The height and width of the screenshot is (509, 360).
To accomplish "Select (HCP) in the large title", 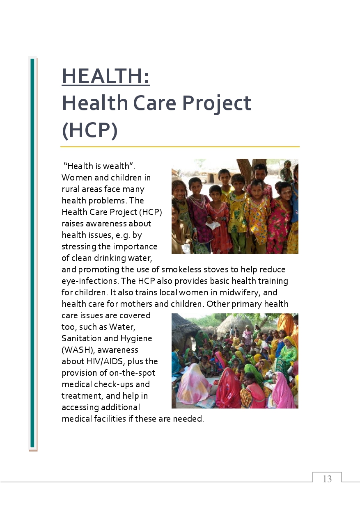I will coord(89,130).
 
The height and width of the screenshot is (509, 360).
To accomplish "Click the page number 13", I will coord(327,479).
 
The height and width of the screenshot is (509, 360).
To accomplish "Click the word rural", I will coord(70,189).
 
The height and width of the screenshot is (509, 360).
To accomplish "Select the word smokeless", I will coord(179,269).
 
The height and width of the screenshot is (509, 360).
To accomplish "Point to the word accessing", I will coord(79,407).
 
